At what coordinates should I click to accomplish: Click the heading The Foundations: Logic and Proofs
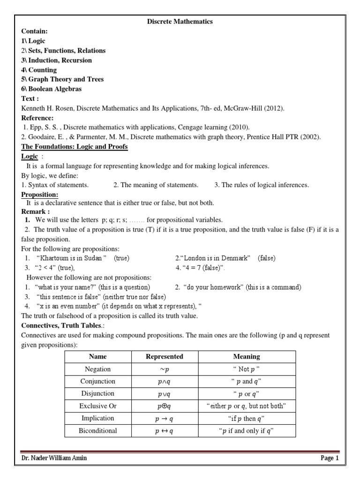pos(75,147)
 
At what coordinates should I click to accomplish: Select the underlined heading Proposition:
pos(40,195)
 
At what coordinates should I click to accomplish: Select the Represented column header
pos(165,357)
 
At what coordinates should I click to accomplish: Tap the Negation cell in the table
pos(98,369)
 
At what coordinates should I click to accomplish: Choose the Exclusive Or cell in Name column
pos(98,405)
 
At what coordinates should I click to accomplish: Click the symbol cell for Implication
pos(165,418)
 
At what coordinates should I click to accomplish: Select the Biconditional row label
pos(98,431)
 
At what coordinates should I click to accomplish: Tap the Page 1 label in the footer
pos(329,458)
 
